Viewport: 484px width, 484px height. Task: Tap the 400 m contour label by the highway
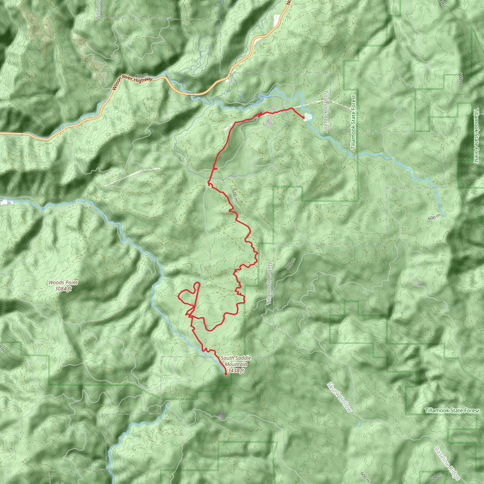click(x=141, y=76)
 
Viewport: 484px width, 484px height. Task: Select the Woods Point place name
click(x=63, y=283)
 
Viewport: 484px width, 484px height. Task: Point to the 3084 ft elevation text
click(x=63, y=289)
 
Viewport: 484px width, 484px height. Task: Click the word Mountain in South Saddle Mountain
click(x=236, y=364)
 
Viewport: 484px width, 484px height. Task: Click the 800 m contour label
click(x=290, y=264)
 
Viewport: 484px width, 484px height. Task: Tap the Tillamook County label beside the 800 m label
click(x=269, y=283)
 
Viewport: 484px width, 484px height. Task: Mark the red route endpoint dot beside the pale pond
click(x=303, y=117)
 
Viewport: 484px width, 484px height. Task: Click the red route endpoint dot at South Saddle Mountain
click(x=226, y=374)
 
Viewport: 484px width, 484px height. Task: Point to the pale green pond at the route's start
click(x=308, y=117)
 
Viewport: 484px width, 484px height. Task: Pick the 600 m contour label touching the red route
click(x=234, y=196)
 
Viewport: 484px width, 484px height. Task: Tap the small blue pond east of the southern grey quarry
click(x=243, y=412)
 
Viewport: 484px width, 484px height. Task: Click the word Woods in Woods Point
click(x=55, y=283)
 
